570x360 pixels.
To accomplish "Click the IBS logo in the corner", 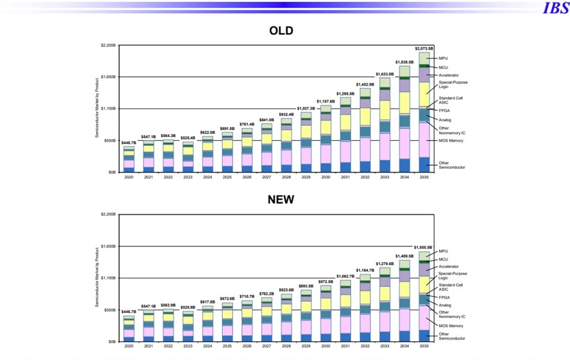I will pyautogui.click(x=555, y=8).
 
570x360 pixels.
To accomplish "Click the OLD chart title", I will pyautogui.click(x=281, y=31).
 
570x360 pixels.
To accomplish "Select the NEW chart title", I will pyautogui.click(x=281, y=199).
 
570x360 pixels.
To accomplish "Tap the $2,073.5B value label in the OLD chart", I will pyautogui.click(x=424, y=48).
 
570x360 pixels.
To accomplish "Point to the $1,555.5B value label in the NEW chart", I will pyautogui.click(x=424, y=247).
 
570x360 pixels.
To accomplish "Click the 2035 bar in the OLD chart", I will pyautogui.click(x=424, y=112).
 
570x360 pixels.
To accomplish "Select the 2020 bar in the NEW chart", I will pyautogui.click(x=129, y=329).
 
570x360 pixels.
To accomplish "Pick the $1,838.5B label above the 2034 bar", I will pyautogui.click(x=404, y=62).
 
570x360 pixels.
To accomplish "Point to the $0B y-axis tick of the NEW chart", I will pyautogui.click(x=112, y=341).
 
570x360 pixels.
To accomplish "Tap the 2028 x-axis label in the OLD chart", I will pyautogui.click(x=287, y=178).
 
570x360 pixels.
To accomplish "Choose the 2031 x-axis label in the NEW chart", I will pyautogui.click(x=345, y=346).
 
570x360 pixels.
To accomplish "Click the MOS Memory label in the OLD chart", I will pyautogui.click(x=451, y=141).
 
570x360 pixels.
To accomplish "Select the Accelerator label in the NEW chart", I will pyautogui.click(x=449, y=266).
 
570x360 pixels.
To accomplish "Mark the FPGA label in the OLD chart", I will pyautogui.click(x=445, y=110).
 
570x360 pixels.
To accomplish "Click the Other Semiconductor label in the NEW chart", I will pyautogui.click(x=452, y=336).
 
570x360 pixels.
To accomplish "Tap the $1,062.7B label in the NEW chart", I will pyautogui.click(x=345, y=276).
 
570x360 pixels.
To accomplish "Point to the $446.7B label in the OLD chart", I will pyautogui.click(x=129, y=143).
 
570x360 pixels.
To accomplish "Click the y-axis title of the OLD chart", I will pyautogui.click(x=97, y=108).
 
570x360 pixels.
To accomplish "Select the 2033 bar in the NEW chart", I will pyautogui.click(x=385, y=304).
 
